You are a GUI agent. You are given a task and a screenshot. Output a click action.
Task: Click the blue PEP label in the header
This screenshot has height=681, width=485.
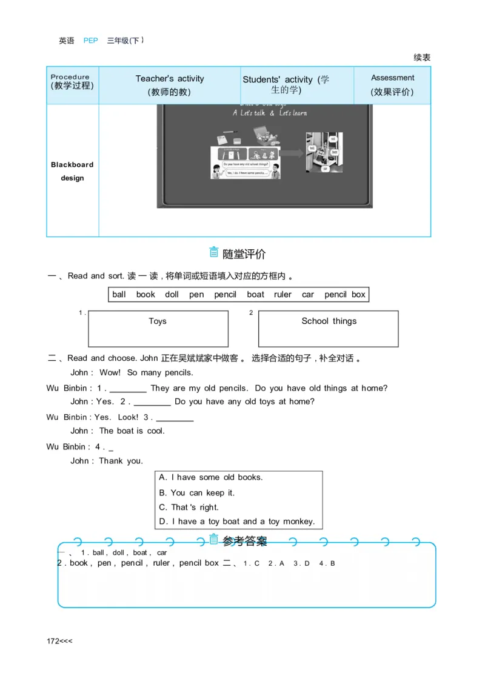[90, 41]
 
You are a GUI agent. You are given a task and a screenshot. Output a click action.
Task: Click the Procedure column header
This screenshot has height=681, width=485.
[72, 81]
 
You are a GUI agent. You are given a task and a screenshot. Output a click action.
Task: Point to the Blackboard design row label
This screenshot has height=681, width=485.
[72, 171]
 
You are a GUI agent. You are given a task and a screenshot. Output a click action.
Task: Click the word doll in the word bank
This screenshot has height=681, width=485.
[172, 295]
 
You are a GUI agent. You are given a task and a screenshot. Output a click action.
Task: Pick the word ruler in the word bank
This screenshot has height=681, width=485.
[283, 295]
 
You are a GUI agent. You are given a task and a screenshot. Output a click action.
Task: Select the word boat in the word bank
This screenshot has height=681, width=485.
[255, 295]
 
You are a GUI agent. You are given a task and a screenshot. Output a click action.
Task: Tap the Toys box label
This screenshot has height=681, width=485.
[158, 321]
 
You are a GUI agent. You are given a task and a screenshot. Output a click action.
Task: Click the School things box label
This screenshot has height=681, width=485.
[329, 321]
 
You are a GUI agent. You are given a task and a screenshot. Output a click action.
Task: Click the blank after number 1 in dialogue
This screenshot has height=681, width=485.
[128, 389]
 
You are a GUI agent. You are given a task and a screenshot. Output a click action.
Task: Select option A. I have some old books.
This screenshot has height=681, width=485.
[211, 478]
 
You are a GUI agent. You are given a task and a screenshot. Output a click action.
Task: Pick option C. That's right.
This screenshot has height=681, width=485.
[189, 508]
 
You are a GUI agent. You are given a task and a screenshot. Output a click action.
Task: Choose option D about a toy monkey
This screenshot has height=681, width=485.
[237, 522]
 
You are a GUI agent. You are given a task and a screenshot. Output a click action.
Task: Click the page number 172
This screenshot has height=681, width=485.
[54, 641]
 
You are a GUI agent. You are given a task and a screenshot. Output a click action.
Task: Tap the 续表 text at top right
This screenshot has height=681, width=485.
[422, 58]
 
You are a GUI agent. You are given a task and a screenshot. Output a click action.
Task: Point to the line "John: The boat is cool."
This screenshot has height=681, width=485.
[118, 431]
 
